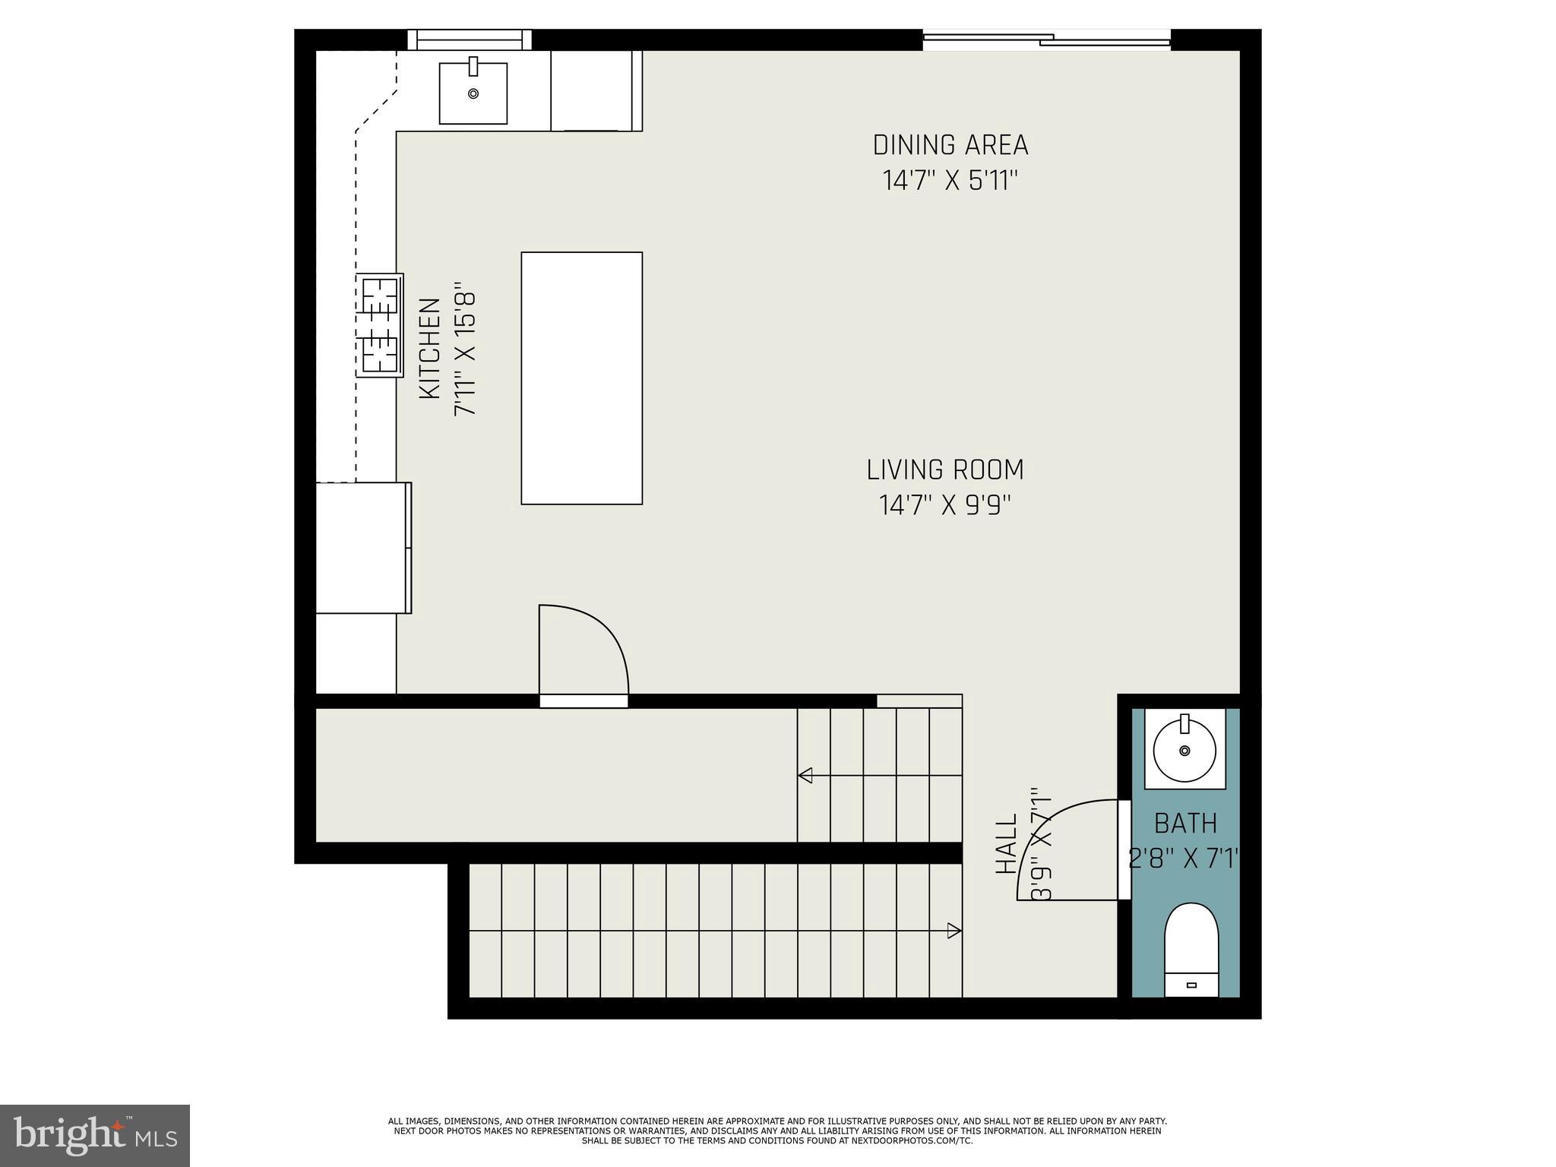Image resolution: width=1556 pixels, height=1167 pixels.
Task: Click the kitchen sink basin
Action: [x=473, y=93]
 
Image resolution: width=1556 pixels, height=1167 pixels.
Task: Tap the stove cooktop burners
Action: [x=380, y=325]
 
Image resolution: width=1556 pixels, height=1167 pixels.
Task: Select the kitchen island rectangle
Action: [x=581, y=378]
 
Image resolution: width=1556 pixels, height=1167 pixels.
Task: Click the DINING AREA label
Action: [x=950, y=144]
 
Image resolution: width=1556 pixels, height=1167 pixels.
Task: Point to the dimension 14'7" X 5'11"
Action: [x=950, y=181]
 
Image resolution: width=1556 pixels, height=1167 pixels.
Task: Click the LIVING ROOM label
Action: [x=945, y=470]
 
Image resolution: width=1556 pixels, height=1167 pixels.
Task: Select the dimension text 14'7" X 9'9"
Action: [x=945, y=505]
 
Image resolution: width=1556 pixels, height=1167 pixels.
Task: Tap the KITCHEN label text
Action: [x=430, y=348]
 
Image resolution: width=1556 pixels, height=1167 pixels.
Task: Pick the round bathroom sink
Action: [x=1184, y=750]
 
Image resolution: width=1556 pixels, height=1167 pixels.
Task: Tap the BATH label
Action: [x=1185, y=824]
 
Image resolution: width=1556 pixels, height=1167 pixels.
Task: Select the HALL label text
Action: [x=1006, y=843]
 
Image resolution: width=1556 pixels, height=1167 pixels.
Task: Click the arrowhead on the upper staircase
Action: [x=805, y=775]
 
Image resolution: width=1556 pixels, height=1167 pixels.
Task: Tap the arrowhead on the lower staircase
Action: [x=954, y=931]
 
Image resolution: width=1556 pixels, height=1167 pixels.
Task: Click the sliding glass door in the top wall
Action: [x=1047, y=40]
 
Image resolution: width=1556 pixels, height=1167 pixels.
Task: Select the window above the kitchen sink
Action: [x=470, y=40]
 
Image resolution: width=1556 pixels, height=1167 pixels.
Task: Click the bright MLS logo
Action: [x=95, y=1136]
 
